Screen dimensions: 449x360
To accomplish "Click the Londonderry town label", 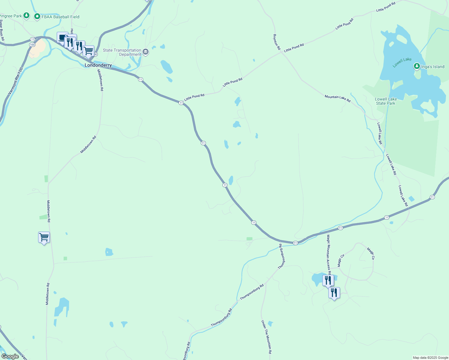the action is coord(98,65).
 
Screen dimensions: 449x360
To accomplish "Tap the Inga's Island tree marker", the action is coord(417,66).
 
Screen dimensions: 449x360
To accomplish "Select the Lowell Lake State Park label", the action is coord(386,101).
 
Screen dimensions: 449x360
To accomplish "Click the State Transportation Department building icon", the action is coord(146,52).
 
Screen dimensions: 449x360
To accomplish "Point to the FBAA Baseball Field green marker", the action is coord(37,16).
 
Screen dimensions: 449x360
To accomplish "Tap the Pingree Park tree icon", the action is coord(26,15).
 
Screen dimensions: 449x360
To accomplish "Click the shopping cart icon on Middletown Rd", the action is coord(44,237).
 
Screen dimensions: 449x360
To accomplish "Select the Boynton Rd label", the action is coord(276,42).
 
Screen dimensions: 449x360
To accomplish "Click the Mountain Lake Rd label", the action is coord(337,98).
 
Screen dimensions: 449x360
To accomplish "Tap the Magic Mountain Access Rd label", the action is coord(329,254).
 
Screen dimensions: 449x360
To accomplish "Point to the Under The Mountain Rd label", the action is coord(266,337).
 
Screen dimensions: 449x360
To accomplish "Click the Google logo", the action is coord(10,356).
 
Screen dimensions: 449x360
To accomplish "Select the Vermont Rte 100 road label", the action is coord(15,81).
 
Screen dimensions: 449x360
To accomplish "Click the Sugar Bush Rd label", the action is coord(2,30).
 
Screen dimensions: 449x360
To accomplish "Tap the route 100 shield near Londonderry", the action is coord(32,45).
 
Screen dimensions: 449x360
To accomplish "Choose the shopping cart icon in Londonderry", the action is coord(88,51).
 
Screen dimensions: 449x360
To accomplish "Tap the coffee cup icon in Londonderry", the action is coord(62,38).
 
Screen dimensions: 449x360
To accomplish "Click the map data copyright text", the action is coord(430,358).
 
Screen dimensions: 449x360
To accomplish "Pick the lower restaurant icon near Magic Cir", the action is coord(334,292).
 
